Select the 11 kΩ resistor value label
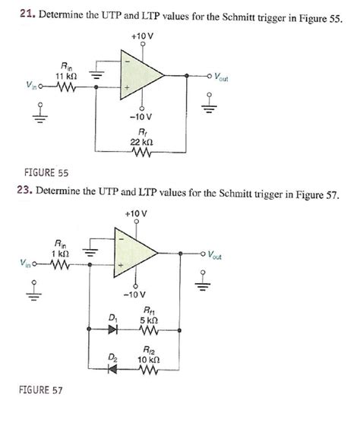tap(65, 76)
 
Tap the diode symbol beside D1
tap(115, 330)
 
